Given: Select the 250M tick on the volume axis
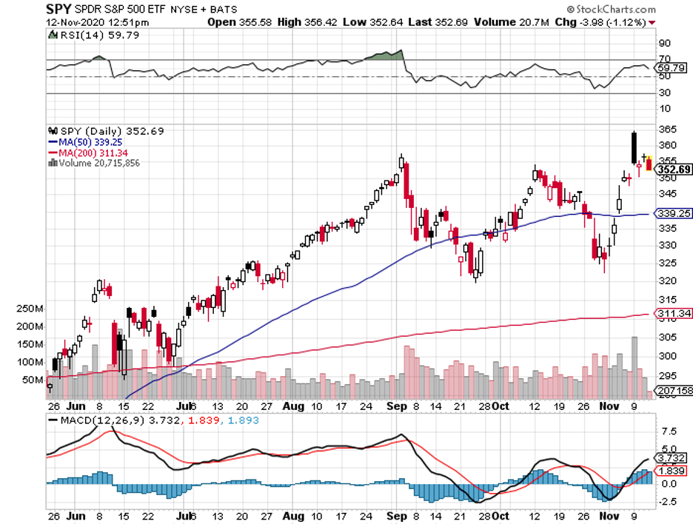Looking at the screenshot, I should (30, 309).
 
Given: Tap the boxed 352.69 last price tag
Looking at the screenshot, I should (674, 169).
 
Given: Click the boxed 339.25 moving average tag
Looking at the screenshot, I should (673, 215).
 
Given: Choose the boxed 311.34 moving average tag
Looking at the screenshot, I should (673, 315).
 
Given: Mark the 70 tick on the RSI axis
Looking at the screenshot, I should (665, 58).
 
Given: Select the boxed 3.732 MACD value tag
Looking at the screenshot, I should (673, 458).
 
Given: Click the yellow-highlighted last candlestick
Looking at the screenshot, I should (650, 164).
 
